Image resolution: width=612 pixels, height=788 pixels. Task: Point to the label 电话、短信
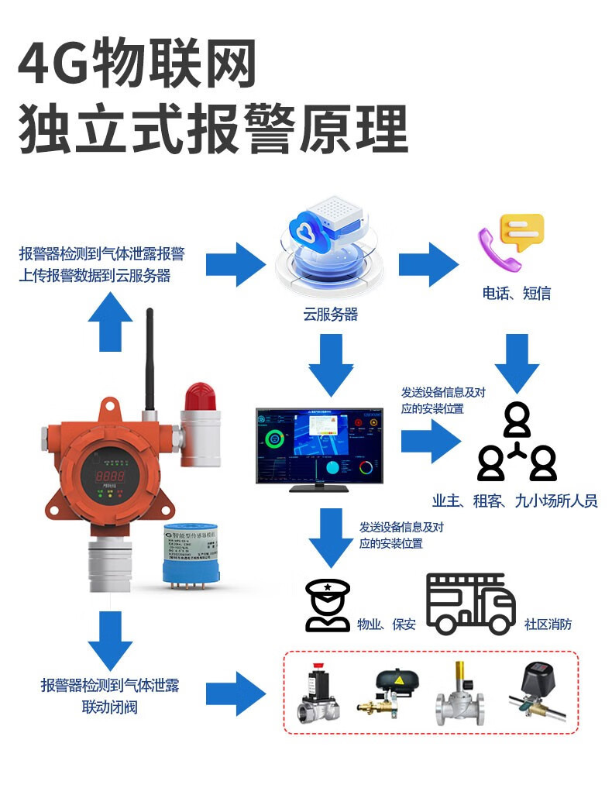[516, 293]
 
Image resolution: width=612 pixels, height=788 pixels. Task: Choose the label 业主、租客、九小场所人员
[515, 501]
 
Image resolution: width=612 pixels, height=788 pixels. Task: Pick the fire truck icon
[470, 604]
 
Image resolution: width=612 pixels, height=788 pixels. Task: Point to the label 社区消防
[548, 624]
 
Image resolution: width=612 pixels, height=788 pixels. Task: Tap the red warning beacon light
[200, 397]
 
